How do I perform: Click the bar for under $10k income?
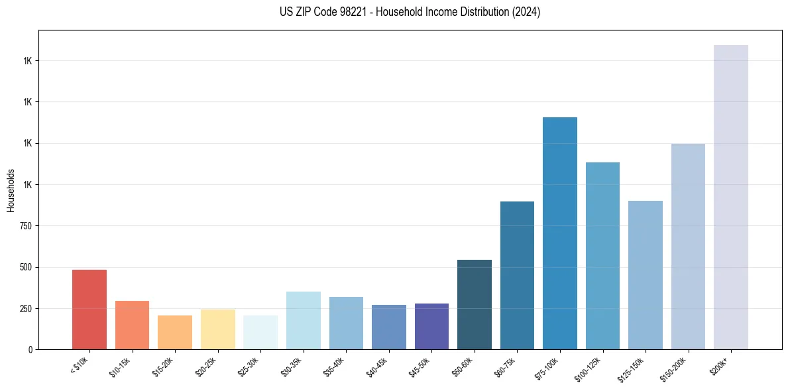[89, 309]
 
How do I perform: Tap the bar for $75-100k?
[560, 233]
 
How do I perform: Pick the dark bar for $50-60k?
[475, 304]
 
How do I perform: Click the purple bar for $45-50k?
[431, 326]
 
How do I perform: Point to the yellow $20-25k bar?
[218, 329]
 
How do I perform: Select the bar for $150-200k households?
[688, 247]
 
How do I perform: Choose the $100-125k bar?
[602, 256]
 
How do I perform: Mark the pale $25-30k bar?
[260, 332]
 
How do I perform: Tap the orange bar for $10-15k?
[132, 325]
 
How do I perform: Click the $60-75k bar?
[517, 275]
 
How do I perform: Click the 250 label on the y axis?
[27, 309]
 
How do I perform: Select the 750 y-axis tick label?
[27, 226]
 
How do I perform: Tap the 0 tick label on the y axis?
[30, 350]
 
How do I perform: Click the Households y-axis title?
[11, 190]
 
